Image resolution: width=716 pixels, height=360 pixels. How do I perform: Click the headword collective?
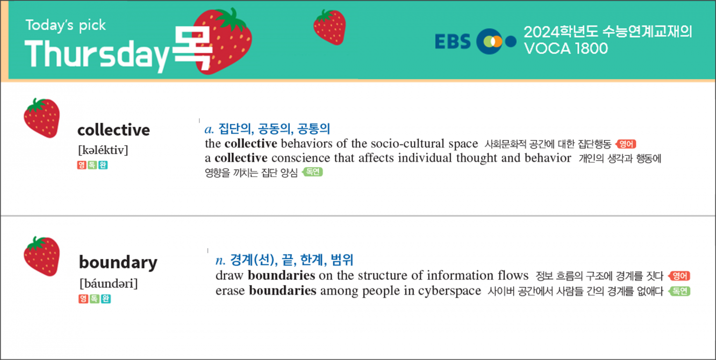tap(114, 130)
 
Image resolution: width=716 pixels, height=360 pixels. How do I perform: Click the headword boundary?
tap(118, 263)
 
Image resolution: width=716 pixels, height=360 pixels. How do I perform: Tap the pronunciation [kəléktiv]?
tap(103, 150)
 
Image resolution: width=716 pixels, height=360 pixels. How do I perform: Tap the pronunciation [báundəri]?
tap(108, 284)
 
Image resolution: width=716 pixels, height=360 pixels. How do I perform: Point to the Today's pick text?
tap(65, 25)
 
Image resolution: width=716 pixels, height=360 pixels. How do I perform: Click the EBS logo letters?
tap(453, 42)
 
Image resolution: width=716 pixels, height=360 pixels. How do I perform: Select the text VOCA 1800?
tap(566, 49)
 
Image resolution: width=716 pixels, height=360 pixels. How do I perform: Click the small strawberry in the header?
tap(329, 27)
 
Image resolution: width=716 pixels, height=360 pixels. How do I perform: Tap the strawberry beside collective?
tap(42, 118)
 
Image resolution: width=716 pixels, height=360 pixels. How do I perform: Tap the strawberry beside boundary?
tap(42, 256)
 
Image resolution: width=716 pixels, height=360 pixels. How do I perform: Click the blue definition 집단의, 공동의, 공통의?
tap(274, 129)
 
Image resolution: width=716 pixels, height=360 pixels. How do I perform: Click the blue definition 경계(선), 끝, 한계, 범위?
tap(291, 260)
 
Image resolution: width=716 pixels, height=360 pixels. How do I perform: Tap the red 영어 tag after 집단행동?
tap(626, 144)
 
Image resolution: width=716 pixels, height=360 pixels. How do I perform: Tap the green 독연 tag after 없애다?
tap(679, 291)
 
